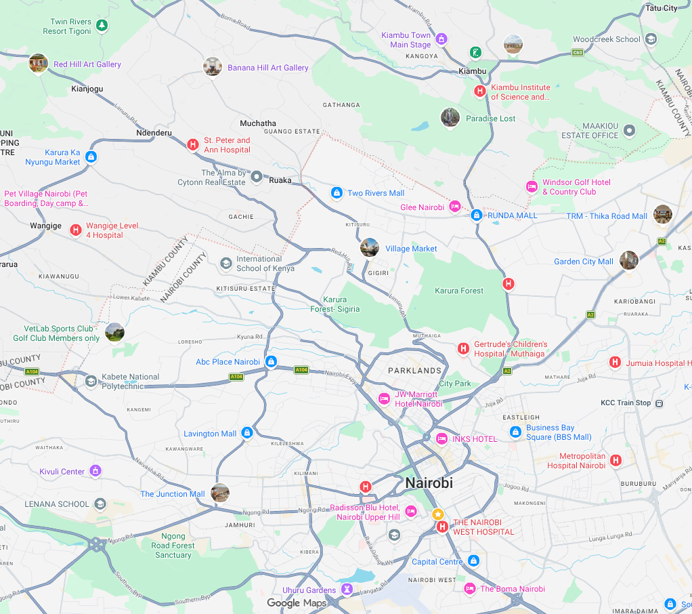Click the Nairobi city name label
pos(429,484)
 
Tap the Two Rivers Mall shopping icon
pos(336,193)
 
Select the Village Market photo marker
pos(369,247)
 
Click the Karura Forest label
pos(459,291)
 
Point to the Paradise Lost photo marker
pos(450,117)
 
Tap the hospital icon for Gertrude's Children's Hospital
pos(463,349)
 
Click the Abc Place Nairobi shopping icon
pos(272,362)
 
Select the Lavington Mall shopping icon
pos(247,432)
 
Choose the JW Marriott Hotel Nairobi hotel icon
pos(384,398)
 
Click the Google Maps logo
pos(297,603)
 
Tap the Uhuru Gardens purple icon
pos(347,590)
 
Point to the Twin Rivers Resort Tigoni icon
pos(102,26)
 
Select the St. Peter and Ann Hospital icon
pos(193,144)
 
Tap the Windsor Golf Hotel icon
pos(532,186)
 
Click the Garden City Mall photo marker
pos(629,260)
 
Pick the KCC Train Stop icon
pos(658,403)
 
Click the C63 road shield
pos(578,52)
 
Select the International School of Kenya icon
pos(226,263)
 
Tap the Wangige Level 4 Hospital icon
pos(76,230)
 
